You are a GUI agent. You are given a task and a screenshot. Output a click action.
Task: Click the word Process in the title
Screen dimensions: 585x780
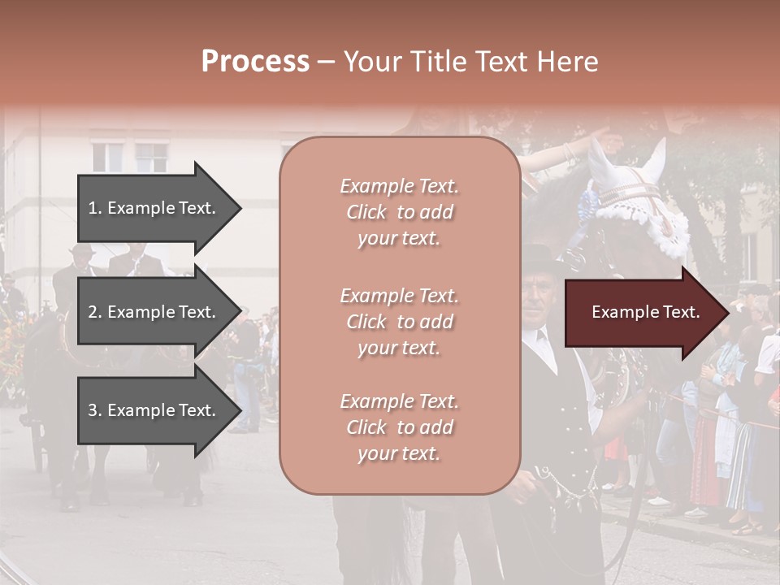pyautogui.click(x=255, y=62)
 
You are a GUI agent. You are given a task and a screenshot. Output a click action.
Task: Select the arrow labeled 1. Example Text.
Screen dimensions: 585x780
pyautogui.click(x=158, y=208)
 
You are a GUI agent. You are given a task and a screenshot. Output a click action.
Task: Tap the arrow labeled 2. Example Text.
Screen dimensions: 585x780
pyautogui.click(x=158, y=312)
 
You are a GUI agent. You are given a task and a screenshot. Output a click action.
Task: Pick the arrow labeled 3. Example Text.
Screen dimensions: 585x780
pyautogui.click(x=158, y=410)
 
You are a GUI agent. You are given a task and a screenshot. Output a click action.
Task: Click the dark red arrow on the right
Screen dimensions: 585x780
pyautogui.click(x=646, y=313)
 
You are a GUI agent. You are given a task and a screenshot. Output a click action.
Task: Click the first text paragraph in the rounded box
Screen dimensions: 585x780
pyautogui.click(x=399, y=212)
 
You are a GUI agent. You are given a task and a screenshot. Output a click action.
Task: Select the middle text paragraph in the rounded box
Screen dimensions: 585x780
pyautogui.click(x=399, y=322)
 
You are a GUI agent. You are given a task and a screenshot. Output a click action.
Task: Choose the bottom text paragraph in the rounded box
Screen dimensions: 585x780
pyautogui.click(x=399, y=427)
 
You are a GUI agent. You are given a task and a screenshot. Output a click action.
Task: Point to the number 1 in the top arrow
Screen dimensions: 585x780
pyautogui.click(x=93, y=208)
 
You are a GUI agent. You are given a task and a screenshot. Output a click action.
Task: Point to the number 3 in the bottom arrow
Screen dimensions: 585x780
pyautogui.click(x=93, y=410)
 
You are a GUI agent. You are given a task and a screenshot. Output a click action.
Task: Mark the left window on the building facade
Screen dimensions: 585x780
pyautogui.click(x=107, y=156)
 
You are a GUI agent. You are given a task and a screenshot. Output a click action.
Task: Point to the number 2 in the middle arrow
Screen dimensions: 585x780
pyautogui.click(x=93, y=312)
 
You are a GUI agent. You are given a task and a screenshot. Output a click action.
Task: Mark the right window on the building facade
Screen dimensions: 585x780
pyautogui.click(x=151, y=157)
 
